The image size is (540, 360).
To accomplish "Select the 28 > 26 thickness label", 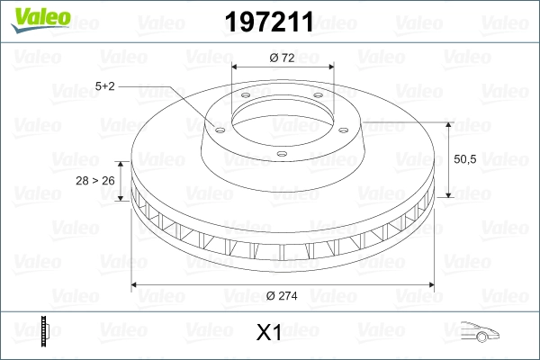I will point(94,181).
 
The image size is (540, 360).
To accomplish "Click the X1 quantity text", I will point(269,334).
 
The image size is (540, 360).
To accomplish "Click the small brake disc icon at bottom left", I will point(44,332).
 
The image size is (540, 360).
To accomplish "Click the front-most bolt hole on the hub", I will point(281,154).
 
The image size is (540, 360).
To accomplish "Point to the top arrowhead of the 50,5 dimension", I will point(448,121).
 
